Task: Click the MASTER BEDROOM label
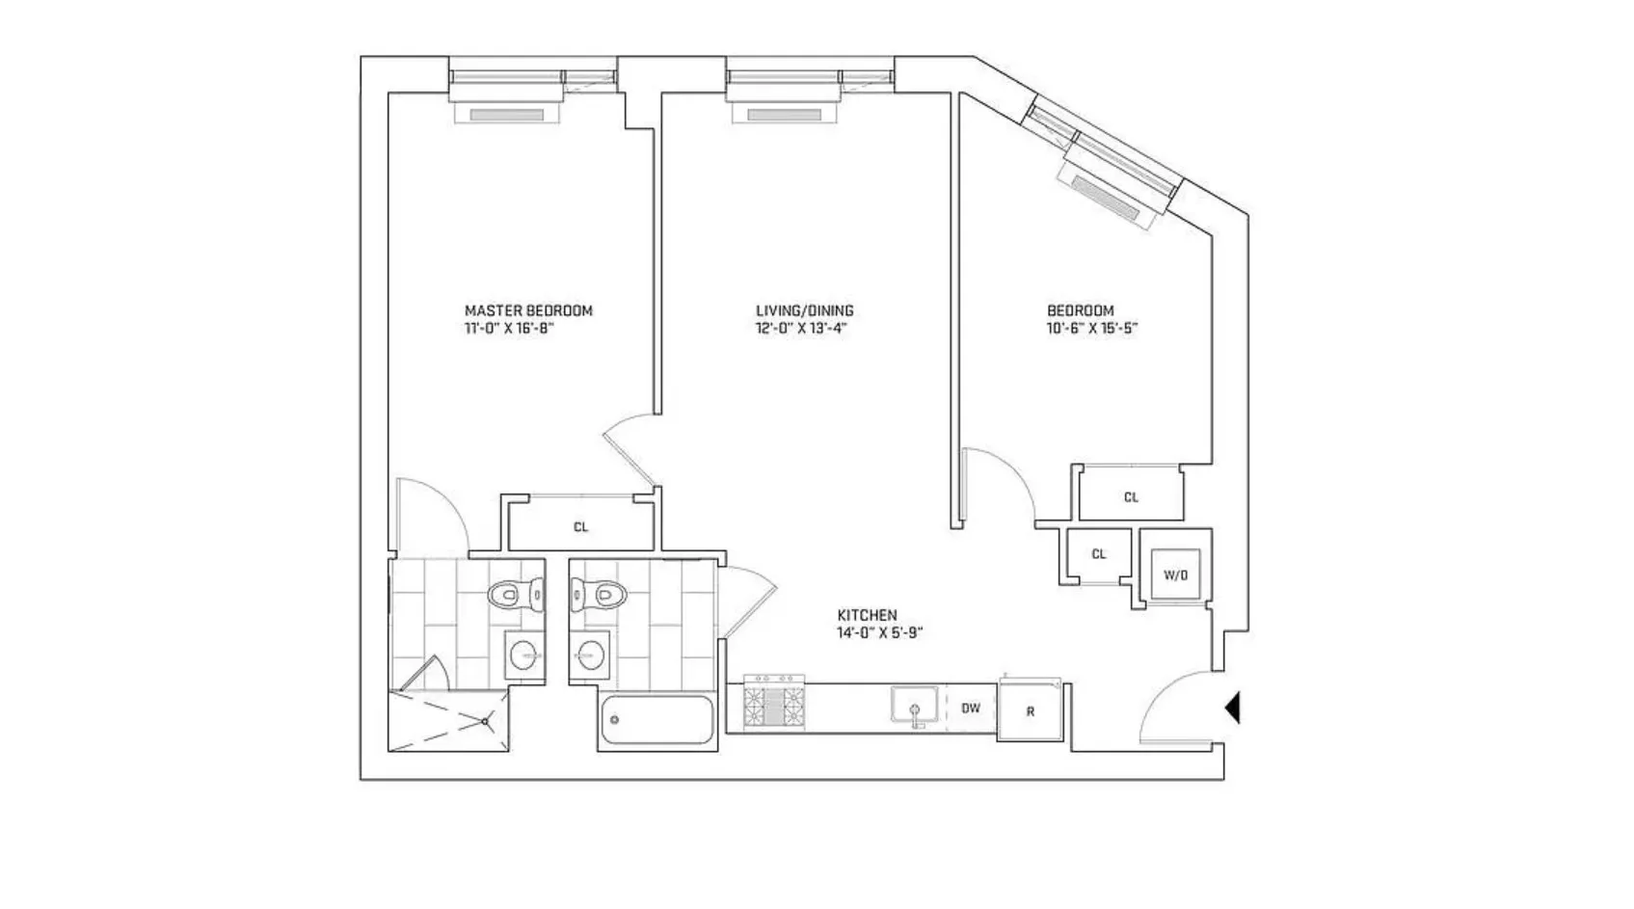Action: (x=528, y=310)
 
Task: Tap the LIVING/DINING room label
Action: (x=804, y=310)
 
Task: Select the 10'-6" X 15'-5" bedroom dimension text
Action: (x=1092, y=328)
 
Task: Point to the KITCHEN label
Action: (x=867, y=615)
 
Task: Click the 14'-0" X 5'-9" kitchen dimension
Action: (x=873, y=633)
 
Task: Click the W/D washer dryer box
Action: (x=1175, y=575)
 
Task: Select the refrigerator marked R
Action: (x=1030, y=711)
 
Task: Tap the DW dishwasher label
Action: (x=970, y=708)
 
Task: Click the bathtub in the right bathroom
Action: (x=656, y=721)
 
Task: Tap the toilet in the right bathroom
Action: (x=598, y=595)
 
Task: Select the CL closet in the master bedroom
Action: (x=580, y=526)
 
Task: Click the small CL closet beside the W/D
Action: (x=1098, y=554)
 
